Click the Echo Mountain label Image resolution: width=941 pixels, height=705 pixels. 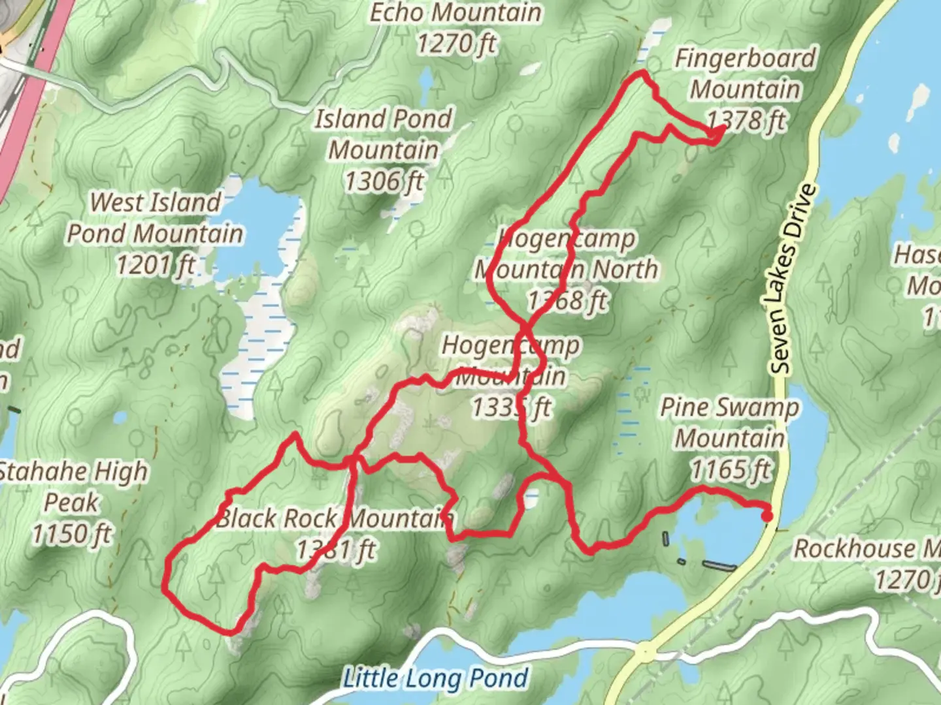(x=455, y=13)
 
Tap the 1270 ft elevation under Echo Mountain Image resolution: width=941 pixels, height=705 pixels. (x=456, y=44)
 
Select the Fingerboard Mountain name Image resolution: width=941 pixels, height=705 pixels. (x=745, y=74)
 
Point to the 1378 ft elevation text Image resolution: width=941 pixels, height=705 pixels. (x=747, y=120)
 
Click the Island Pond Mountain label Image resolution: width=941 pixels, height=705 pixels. (x=384, y=134)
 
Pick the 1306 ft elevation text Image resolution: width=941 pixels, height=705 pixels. (x=384, y=181)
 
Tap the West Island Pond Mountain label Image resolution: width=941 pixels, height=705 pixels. (x=156, y=218)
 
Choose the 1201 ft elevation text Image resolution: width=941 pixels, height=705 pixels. (x=156, y=265)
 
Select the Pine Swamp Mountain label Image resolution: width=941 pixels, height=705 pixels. (x=729, y=422)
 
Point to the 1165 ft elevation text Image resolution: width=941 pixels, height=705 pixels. (x=731, y=469)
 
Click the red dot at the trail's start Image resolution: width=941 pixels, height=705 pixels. (x=767, y=516)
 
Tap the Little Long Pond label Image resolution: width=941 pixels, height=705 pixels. (x=435, y=679)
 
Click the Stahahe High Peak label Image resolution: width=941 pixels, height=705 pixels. (x=72, y=486)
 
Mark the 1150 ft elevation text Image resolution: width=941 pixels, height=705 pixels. (x=72, y=534)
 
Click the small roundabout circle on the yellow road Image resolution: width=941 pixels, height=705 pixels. (x=645, y=651)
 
